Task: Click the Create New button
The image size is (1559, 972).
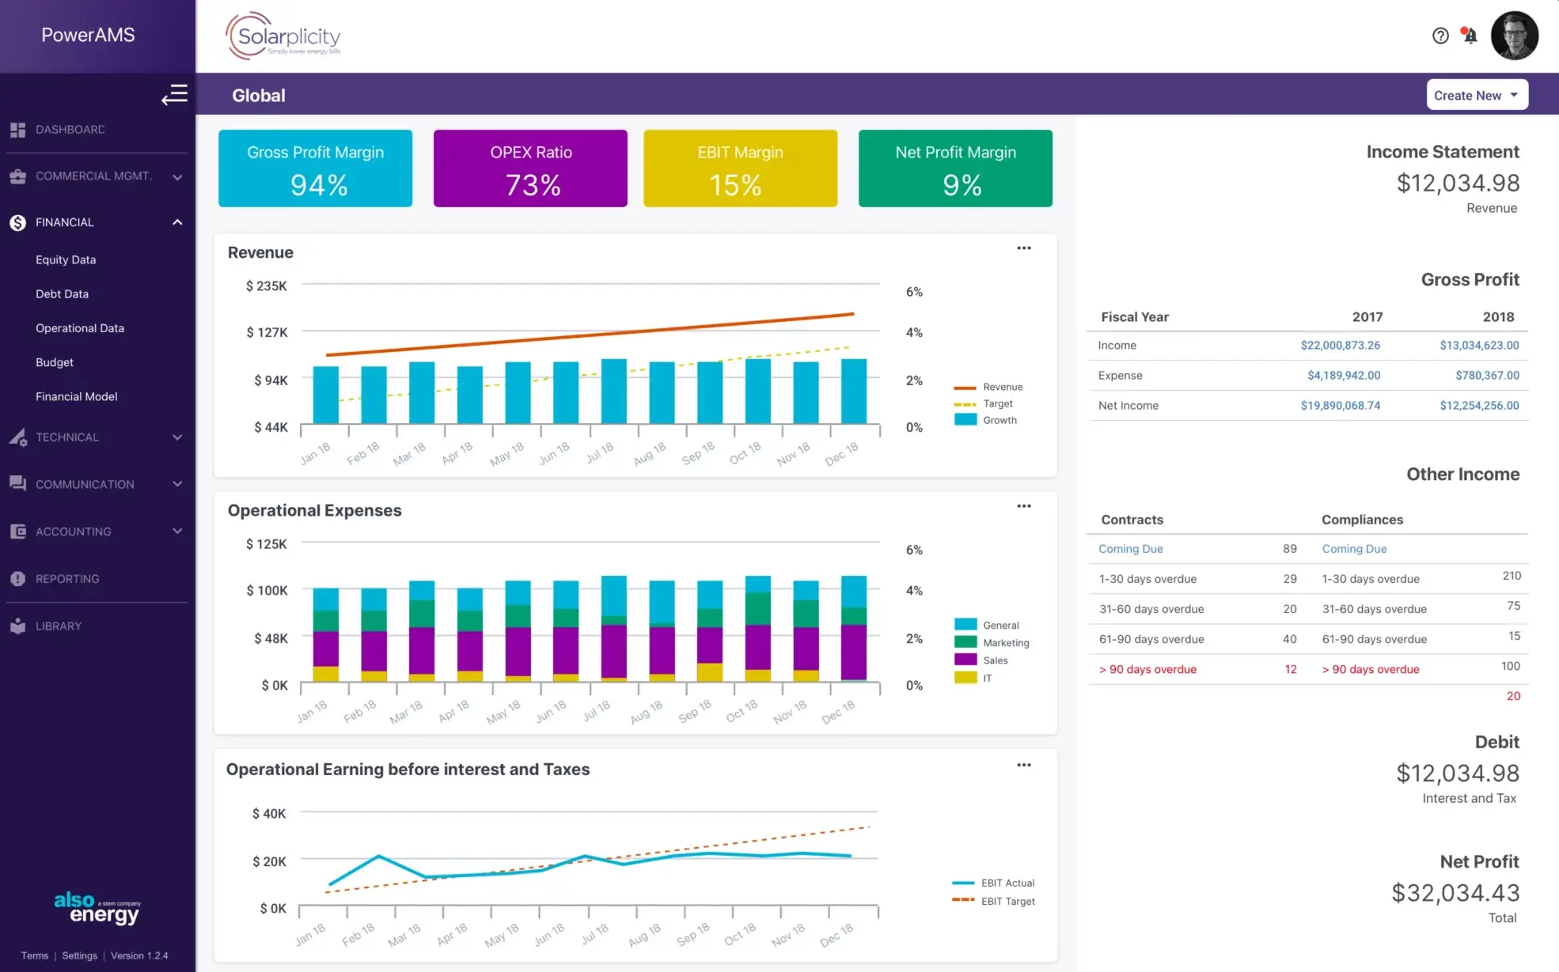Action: point(1476,95)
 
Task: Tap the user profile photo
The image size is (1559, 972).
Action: point(1514,36)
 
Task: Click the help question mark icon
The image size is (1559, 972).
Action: point(1440,36)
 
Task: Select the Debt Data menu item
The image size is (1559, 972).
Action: point(62,293)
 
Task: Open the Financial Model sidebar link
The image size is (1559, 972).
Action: point(76,396)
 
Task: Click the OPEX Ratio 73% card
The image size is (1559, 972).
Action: point(530,168)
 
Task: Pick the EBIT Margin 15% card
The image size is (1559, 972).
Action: point(740,168)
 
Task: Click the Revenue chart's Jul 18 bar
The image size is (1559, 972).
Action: point(613,391)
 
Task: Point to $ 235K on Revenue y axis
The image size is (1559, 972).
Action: point(267,286)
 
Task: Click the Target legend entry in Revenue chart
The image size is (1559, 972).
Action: point(997,403)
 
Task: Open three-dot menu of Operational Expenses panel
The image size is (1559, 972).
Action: point(1023,506)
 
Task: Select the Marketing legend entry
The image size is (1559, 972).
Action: point(1005,643)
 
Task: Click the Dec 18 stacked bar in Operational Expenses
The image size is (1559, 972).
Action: point(853,629)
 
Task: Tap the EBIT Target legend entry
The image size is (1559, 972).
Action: point(1007,901)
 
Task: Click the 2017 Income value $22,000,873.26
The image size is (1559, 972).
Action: point(1340,346)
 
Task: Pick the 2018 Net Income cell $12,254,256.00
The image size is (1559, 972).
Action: point(1478,406)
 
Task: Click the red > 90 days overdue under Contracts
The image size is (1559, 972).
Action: point(1147,669)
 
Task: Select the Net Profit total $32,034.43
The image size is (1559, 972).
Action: point(1455,893)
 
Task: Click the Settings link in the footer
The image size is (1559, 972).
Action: point(79,955)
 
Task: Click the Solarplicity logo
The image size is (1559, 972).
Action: point(283,36)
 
